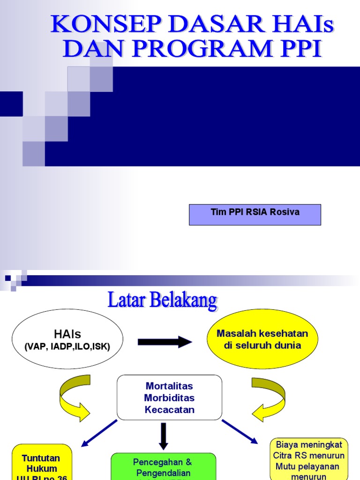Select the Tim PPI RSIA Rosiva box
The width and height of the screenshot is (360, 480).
tap(255, 214)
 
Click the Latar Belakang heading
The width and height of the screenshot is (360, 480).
tap(163, 300)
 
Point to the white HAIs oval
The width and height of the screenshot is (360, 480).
tap(67, 339)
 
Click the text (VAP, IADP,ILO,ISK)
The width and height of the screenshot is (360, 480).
tap(67, 347)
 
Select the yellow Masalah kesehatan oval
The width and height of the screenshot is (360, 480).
tap(262, 339)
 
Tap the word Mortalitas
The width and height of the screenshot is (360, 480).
tap(169, 386)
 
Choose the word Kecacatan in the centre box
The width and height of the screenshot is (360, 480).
tap(169, 410)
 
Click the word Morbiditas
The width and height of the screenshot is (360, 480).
tap(169, 398)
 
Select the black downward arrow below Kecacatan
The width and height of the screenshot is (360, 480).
tap(163, 435)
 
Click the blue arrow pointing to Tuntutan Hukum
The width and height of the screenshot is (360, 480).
tap(99, 433)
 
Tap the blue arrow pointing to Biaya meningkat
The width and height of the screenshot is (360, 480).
tap(240, 431)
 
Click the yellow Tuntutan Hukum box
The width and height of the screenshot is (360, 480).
tap(42, 462)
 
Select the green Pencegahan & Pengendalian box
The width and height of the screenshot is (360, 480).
tap(163, 466)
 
